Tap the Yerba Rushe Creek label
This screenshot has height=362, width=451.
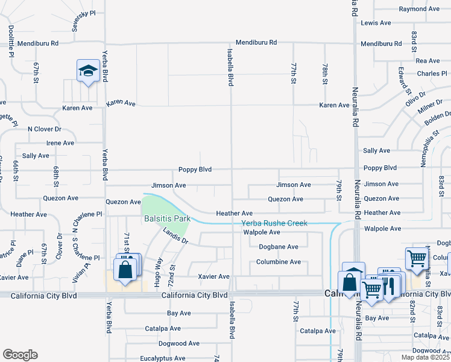274,223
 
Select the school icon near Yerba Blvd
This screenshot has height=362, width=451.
88,71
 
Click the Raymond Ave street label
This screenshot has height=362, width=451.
420,9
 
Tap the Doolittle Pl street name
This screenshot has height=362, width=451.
11,40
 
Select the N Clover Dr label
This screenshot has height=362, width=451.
45,129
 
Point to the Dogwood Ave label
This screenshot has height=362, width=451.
178,343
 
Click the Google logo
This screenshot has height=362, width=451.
20,355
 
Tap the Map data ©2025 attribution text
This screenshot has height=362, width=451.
425,357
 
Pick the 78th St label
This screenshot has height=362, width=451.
325,73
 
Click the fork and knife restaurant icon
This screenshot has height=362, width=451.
388,284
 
